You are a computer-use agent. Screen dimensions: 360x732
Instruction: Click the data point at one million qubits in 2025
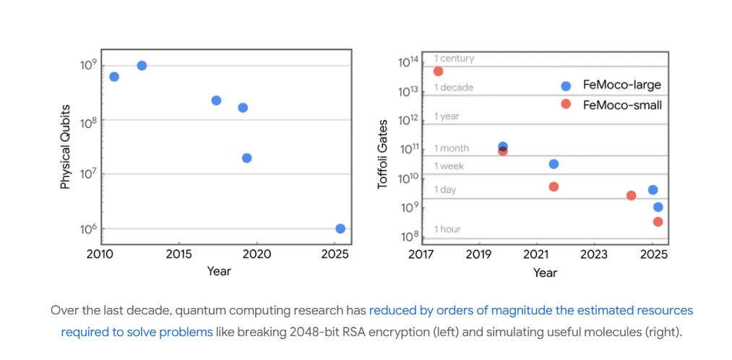click(340, 228)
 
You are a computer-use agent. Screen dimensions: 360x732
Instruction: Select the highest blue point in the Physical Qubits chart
click(142, 66)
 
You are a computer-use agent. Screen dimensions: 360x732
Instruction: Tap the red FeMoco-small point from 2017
click(438, 71)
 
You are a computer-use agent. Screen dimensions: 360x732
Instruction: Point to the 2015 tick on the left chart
click(178, 254)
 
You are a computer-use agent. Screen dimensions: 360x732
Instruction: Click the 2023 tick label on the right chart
click(594, 254)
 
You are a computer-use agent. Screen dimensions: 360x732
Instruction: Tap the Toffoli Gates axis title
click(383, 155)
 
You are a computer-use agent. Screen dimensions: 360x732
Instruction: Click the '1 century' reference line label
click(454, 59)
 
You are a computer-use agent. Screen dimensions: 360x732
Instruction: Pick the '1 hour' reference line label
click(447, 229)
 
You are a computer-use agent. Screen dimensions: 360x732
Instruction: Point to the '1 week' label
click(449, 166)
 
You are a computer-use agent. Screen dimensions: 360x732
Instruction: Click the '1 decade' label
click(453, 87)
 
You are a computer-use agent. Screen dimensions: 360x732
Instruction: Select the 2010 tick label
click(100, 254)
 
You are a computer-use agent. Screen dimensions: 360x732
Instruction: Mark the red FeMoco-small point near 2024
click(631, 195)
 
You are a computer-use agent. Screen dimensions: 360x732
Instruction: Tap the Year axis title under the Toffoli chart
click(545, 273)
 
